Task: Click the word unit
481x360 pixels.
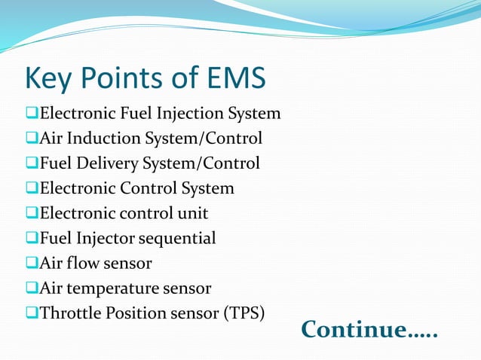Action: point(193,213)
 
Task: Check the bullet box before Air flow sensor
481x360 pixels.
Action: point(31,264)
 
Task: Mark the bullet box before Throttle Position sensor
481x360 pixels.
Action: point(31,313)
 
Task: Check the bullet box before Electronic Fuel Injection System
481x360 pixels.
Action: point(31,114)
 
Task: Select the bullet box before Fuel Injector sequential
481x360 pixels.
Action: point(31,239)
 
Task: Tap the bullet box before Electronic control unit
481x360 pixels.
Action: point(31,214)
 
